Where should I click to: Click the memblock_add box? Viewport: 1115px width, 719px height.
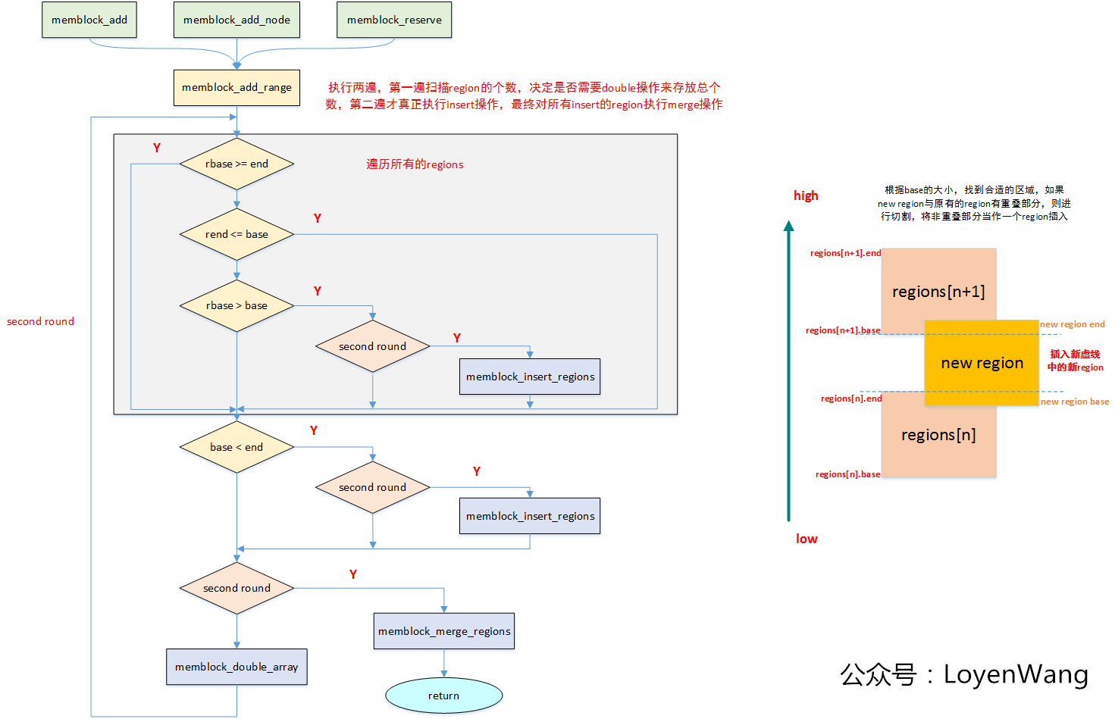[89, 20]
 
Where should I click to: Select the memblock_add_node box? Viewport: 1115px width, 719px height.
[236, 20]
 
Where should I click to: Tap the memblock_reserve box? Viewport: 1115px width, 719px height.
[394, 20]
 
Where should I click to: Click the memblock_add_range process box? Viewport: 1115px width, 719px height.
[236, 87]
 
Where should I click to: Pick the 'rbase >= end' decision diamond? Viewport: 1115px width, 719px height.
[236, 164]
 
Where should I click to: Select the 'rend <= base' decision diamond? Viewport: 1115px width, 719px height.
[236, 234]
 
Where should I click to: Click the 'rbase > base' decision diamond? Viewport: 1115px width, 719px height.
[236, 305]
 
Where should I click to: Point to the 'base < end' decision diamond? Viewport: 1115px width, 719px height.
[236, 447]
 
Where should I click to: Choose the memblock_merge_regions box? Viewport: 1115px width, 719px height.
[444, 631]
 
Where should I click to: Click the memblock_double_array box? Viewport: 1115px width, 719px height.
[236, 667]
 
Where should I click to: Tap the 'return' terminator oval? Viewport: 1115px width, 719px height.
[444, 696]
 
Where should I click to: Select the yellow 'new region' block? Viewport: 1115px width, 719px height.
[982, 363]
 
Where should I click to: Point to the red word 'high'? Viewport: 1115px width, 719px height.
[806, 195]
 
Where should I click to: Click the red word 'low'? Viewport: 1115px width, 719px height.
[806, 539]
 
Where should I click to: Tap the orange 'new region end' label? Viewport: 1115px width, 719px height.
[1072, 324]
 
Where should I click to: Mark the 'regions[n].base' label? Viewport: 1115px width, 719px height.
[847, 474]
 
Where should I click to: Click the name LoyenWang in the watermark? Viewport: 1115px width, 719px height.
[1016, 674]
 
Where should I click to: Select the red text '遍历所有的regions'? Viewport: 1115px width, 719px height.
[415, 164]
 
